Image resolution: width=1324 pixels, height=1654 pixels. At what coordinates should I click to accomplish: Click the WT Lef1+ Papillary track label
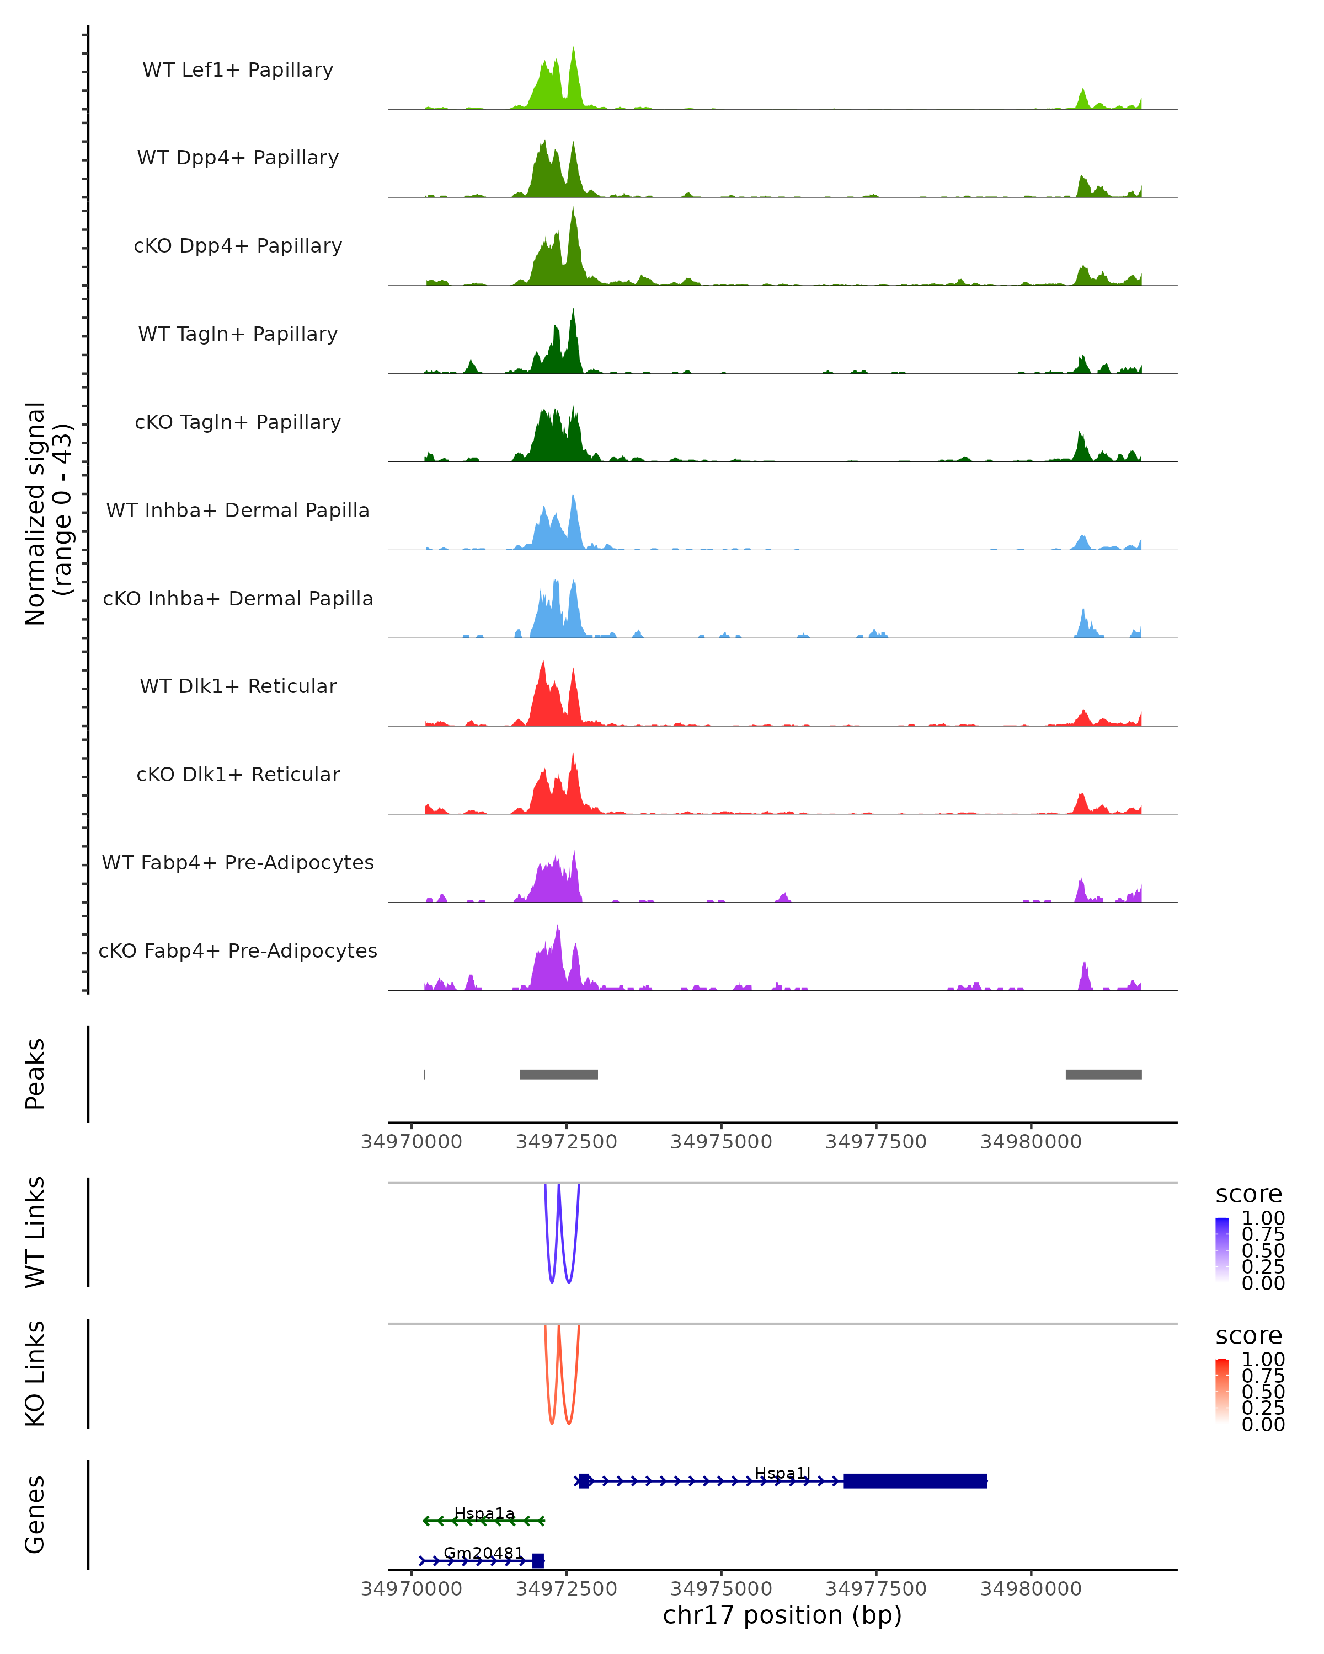(238, 70)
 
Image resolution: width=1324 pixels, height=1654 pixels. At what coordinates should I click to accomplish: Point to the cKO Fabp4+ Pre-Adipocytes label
(238, 950)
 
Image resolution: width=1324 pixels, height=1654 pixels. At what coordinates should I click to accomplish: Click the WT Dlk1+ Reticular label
(238, 686)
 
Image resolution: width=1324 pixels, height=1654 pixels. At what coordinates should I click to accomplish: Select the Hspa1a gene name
(484, 1513)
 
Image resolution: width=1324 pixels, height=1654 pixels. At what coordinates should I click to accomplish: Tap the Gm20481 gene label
(484, 1553)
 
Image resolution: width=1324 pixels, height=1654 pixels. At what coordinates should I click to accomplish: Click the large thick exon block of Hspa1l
(915, 1481)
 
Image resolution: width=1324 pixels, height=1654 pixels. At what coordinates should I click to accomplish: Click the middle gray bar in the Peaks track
(559, 1074)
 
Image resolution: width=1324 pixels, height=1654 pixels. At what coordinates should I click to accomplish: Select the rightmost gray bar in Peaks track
(1103, 1074)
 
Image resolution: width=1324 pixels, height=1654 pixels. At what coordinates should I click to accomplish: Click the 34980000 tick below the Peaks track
(1031, 1142)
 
